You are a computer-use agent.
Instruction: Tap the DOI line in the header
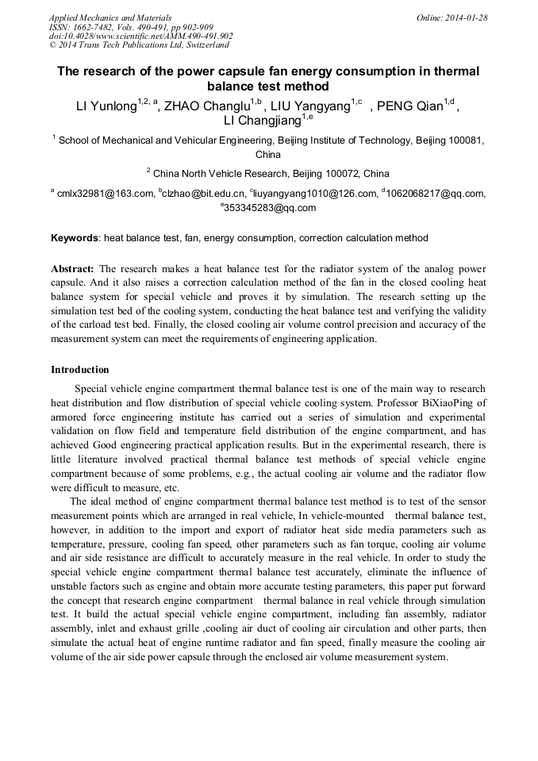pos(140,36)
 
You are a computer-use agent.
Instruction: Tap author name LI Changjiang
pos(262,121)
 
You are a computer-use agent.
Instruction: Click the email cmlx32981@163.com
pos(104,193)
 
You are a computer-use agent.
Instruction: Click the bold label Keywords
pos(75,238)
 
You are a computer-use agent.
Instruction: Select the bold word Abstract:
pos(72,269)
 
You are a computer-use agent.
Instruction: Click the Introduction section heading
pos(79,370)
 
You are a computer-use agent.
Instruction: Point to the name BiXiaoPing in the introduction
pos(429,402)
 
